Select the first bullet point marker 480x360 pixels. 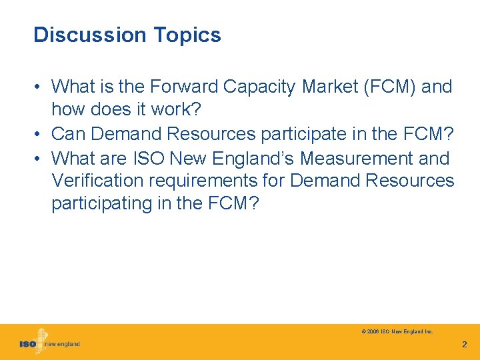click(39, 87)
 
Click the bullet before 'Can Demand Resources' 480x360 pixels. click(39, 135)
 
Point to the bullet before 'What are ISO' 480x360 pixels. click(39, 159)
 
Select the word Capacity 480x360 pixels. click(261, 87)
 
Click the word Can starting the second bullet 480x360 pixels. click(69, 134)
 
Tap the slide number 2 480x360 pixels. click(465, 345)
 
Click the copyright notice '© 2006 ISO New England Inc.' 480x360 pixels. click(397, 331)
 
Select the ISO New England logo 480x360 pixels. click(49, 343)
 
